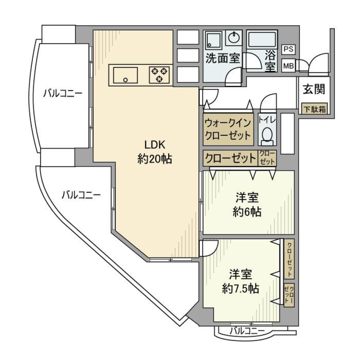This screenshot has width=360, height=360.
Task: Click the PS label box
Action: pyautogui.click(x=288, y=49)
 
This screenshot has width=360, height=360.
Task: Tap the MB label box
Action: pyautogui.click(x=288, y=66)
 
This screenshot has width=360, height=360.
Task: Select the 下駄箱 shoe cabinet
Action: pyautogui.click(x=314, y=109)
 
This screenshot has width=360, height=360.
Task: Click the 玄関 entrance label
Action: pyautogui.click(x=313, y=90)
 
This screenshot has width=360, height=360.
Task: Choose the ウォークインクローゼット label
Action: pyautogui.click(x=227, y=129)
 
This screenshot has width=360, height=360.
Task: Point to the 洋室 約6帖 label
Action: pyautogui.click(x=247, y=205)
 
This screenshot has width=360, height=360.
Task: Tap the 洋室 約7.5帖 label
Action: pyautogui.click(x=240, y=281)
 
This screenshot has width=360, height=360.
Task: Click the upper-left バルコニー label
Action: pyautogui.click(x=62, y=93)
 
